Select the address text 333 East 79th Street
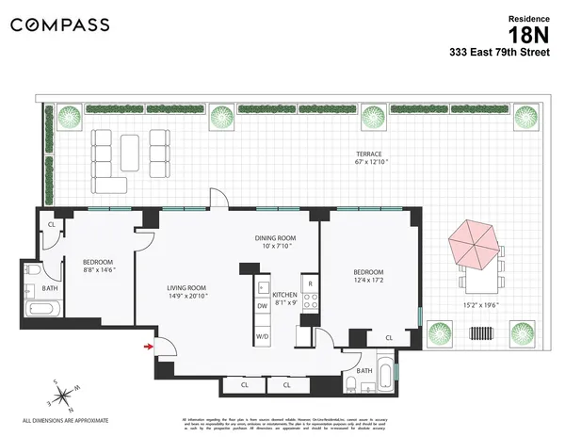pos(508,55)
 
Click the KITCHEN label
pos(285,296)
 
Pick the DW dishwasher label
pos(262,306)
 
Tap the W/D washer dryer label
pos(262,336)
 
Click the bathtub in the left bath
pos(43,309)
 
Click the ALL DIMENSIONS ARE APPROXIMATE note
pos(66,419)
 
